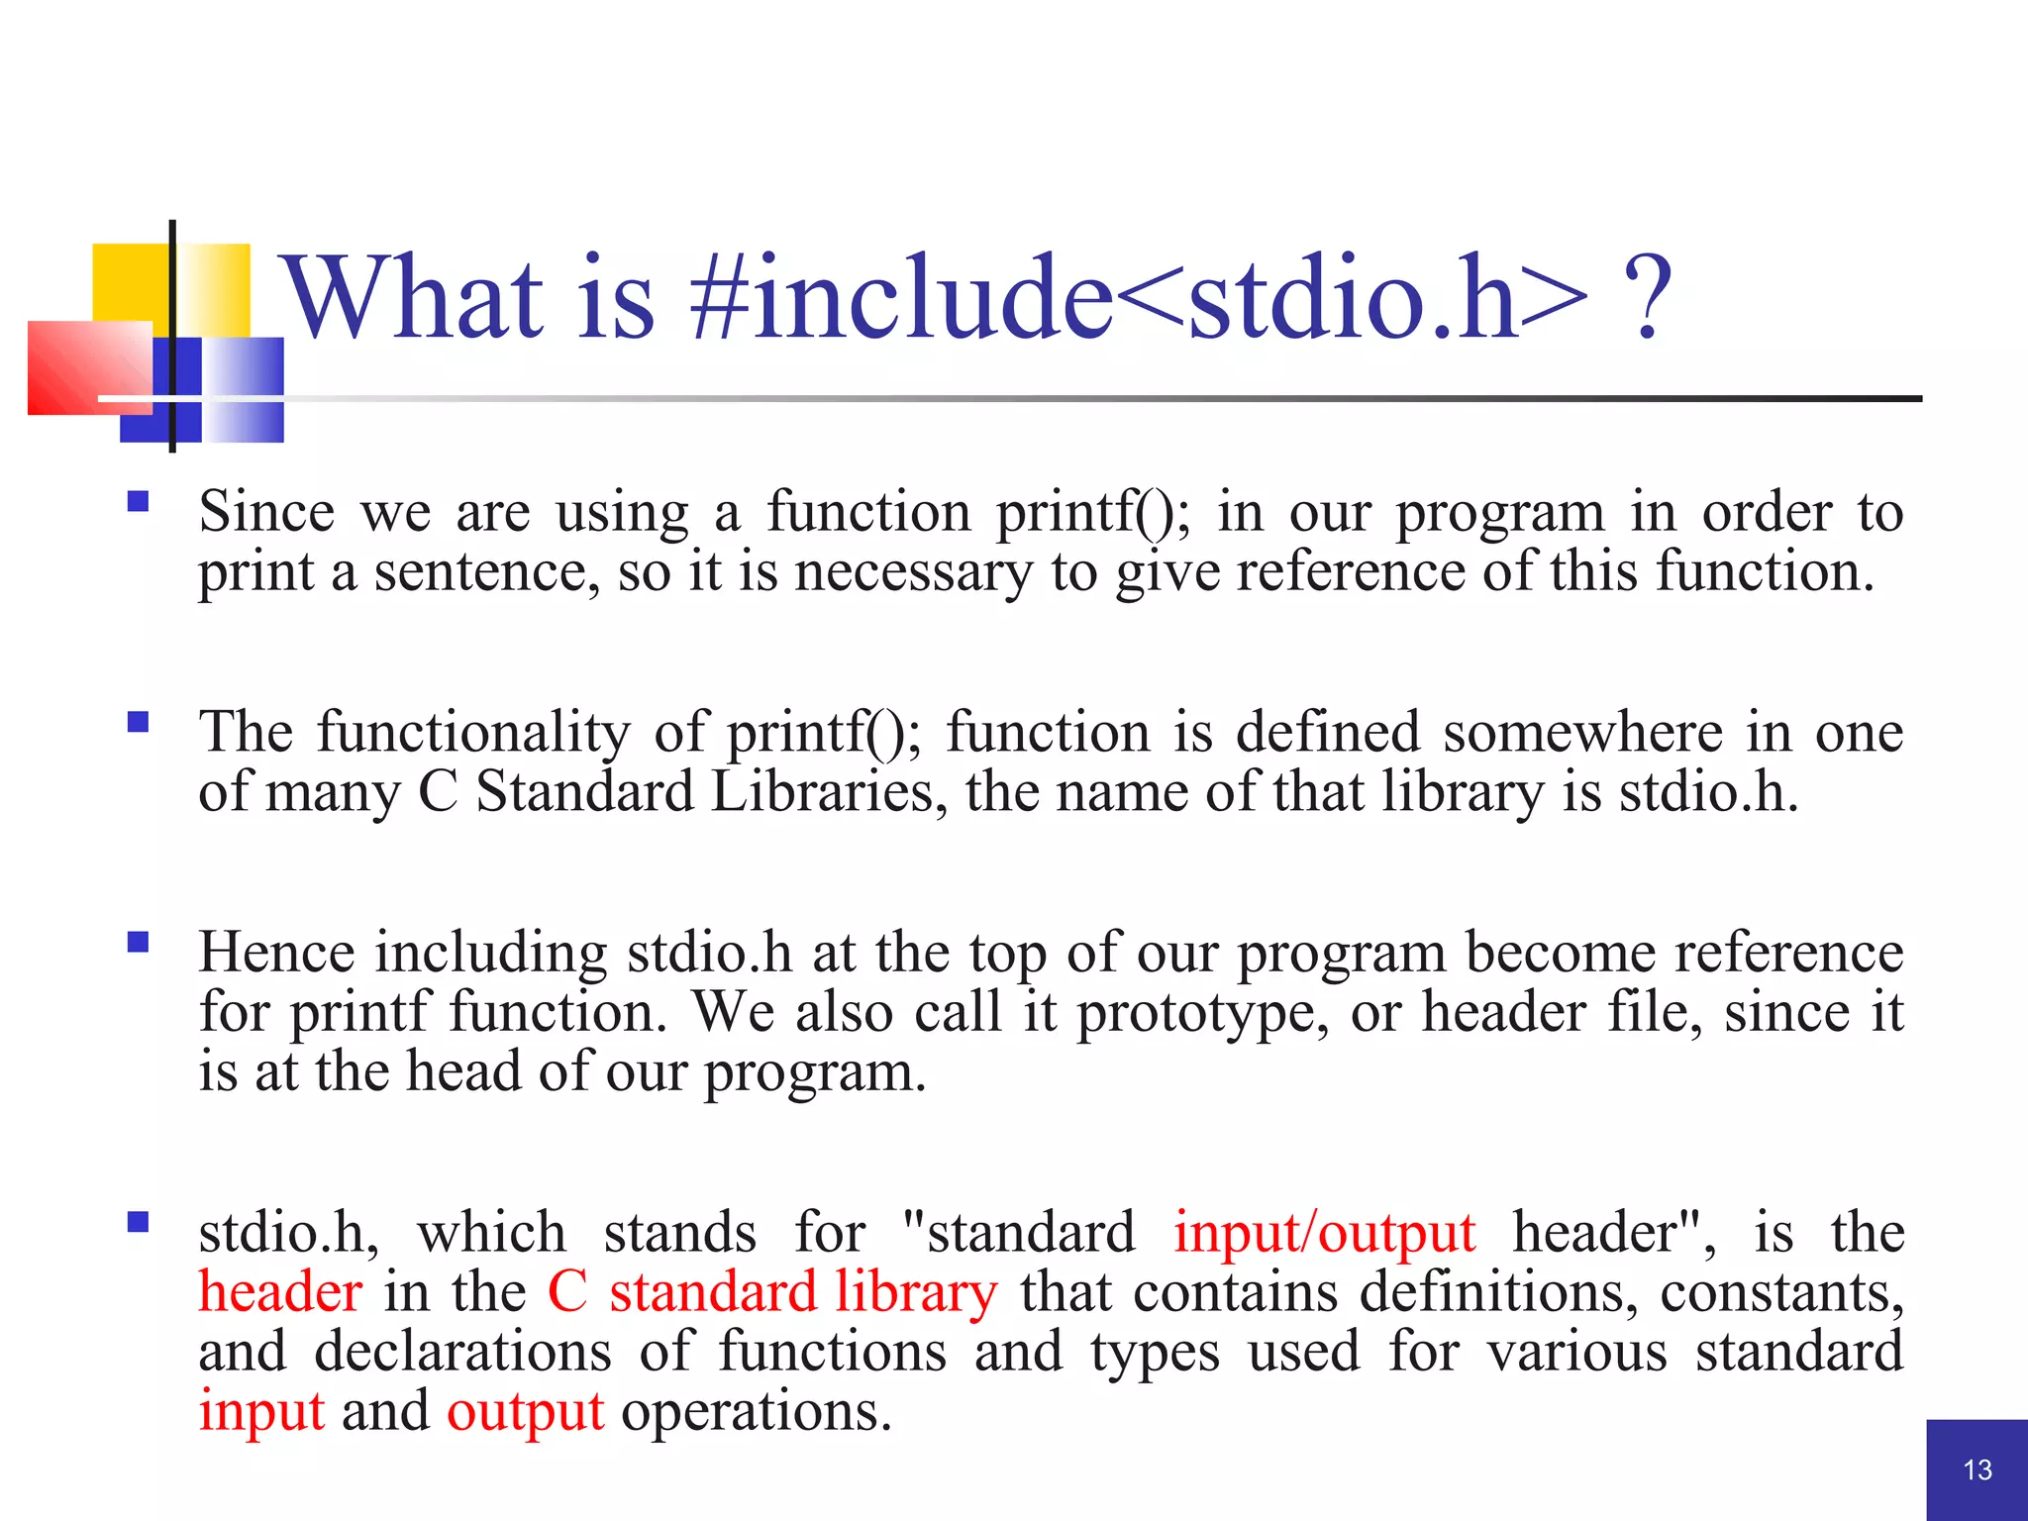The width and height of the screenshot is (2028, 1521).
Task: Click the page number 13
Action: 1977,1470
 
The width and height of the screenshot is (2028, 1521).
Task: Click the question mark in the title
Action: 1647,297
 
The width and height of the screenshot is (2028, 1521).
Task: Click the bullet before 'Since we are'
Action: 138,501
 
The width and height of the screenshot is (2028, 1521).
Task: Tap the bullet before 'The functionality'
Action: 138,722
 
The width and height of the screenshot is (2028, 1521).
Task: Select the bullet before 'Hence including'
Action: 138,942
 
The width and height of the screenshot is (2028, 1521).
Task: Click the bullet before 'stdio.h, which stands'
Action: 138,1222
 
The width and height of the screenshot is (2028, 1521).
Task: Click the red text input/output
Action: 1324,1235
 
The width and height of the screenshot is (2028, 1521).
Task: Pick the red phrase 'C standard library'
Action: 772,1294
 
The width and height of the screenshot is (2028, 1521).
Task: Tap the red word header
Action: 280,1292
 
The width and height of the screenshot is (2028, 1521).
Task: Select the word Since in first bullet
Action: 266,513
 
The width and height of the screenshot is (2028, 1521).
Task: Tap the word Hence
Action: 276,953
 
